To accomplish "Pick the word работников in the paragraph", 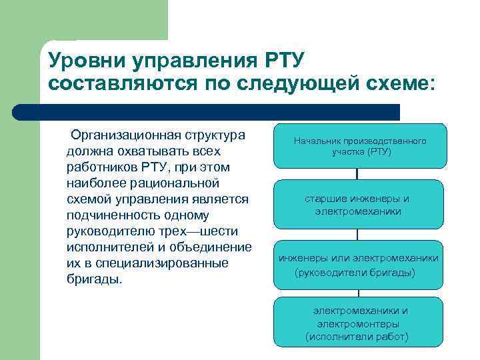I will click(x=101, y=167).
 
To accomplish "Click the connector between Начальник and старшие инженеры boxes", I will click(x=358, y=174).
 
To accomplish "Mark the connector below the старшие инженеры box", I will click(x=358, y=235).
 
